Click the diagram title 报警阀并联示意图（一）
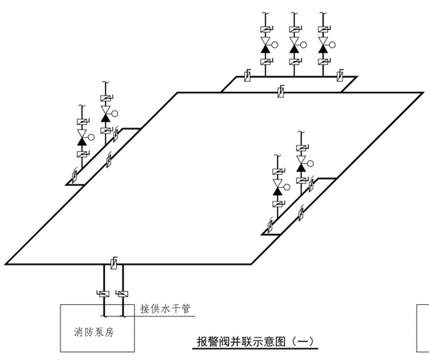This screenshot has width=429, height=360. click(x=256, y=341)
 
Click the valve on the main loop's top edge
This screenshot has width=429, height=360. click(x=280, y=93)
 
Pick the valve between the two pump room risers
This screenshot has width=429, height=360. click(x=114, y=264)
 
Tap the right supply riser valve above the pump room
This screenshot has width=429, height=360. click(x=122, y=294)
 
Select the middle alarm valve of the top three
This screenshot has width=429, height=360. click(x=294, y=45)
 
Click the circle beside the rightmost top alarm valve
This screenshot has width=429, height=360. click(x=334, y=45)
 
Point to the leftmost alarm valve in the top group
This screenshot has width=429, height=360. click(x=265, y=45)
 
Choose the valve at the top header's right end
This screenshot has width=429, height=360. click(x=340, y=76)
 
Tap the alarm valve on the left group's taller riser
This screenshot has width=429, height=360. click(x=105, y=111)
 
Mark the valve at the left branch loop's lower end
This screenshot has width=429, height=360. click(x=75, y=175)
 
